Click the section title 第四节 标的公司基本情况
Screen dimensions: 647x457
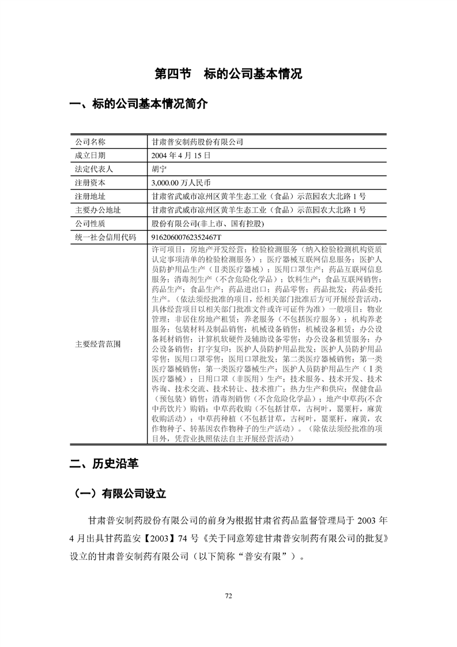pyautogui.click(x=229, y=74)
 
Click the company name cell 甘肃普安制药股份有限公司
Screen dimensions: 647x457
pyautogui.click(x=197, y=142)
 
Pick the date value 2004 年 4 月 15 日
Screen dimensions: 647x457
pyautogui.click(x=180, y=155)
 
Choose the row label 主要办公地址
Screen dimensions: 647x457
pyautogui.click(x=98, y=209)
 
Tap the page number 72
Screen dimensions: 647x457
pyautogui.click(x=228, y=596)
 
